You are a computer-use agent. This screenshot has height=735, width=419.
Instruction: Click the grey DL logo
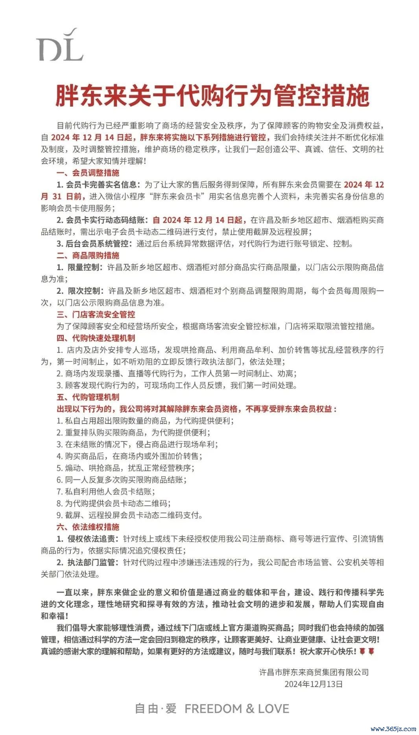pyautogui.click(x=60, y=45)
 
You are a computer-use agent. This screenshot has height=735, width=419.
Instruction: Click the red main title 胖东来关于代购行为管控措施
pyautogui.click(x=212, y=96)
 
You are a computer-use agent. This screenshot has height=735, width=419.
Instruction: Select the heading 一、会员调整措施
pyautogui.click(x=88, y=173)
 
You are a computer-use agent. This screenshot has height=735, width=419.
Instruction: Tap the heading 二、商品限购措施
pyautogui.click(x=88, y=256)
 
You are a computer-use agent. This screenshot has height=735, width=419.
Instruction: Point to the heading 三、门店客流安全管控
pyautogui.click(x=96, y=315)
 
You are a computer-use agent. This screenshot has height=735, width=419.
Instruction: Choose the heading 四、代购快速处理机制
pyautogui.click(x=96, y=338)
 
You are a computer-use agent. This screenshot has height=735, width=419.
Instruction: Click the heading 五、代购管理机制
pyautogui.click(x=88, y=397)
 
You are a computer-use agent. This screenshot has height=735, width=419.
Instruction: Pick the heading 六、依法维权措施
pyautogui.click(x=88, y=527)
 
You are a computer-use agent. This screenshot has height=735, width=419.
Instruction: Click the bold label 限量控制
pyautogui.click(x=84, y=267)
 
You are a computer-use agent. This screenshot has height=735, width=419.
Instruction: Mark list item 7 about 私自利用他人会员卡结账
pyautogui.click(x=106, y=492)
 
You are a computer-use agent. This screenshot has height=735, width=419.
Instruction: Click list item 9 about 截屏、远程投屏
pyautogui.click(x=130, y=515)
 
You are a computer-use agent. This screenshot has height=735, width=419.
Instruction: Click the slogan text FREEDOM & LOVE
pyautogui.click(x=237, y=709)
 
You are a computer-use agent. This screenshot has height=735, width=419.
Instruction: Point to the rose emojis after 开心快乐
pyautogui.click(x=367, y=651)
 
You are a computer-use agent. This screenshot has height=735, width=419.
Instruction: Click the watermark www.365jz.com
pyautogui.click(x=393, y=729)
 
